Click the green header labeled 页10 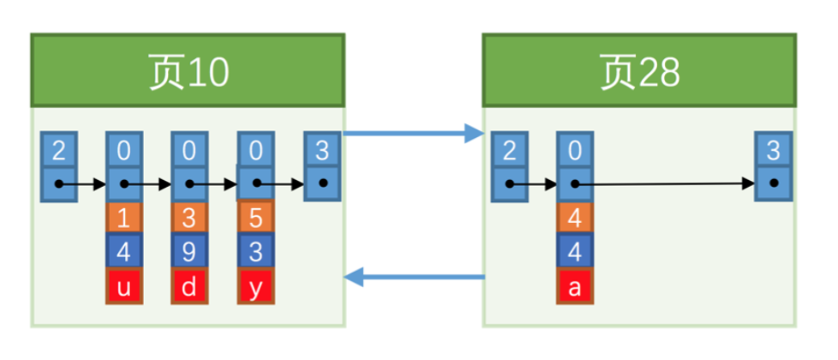(188, 70)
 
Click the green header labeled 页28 (639, 70)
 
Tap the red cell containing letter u (123, 287)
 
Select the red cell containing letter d (189, 287)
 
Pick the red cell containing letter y (256, 287)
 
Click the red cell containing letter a (575, 287)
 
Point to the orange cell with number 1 (123, 218)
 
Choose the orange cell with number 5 (256, 218)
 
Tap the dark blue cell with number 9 (189, 251)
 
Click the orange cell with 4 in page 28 (575, 218)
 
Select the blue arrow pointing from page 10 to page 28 (413, 133)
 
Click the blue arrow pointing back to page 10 (414, 277)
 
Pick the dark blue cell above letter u (123, 251)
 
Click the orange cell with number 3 (189, 218)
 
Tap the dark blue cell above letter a (575, 251)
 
